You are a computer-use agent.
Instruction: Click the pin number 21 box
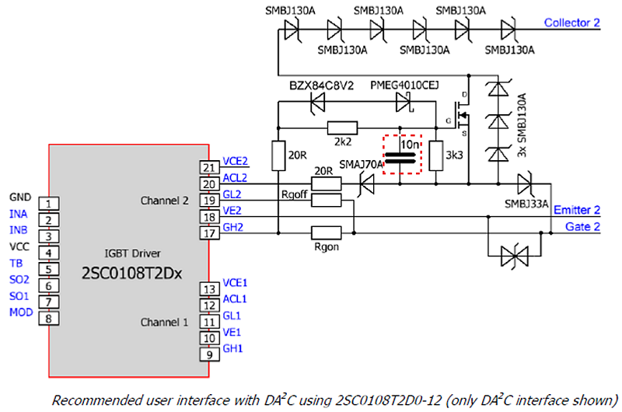click(x=208, y=167)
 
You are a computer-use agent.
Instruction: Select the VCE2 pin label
click(x=236, y=161)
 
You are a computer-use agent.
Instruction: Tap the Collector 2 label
click(x=572, y=23)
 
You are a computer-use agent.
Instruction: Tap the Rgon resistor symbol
click(x=327, y=232)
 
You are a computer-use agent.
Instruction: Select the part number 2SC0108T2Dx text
click(x=128, y=274)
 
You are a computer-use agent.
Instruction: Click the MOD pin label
click(x=19, y=312)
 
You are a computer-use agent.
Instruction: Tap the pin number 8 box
click(x=48, y=317)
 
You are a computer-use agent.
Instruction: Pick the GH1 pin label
click(x=233, y=349)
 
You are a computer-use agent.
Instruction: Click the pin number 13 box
click(x=208, y=289)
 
